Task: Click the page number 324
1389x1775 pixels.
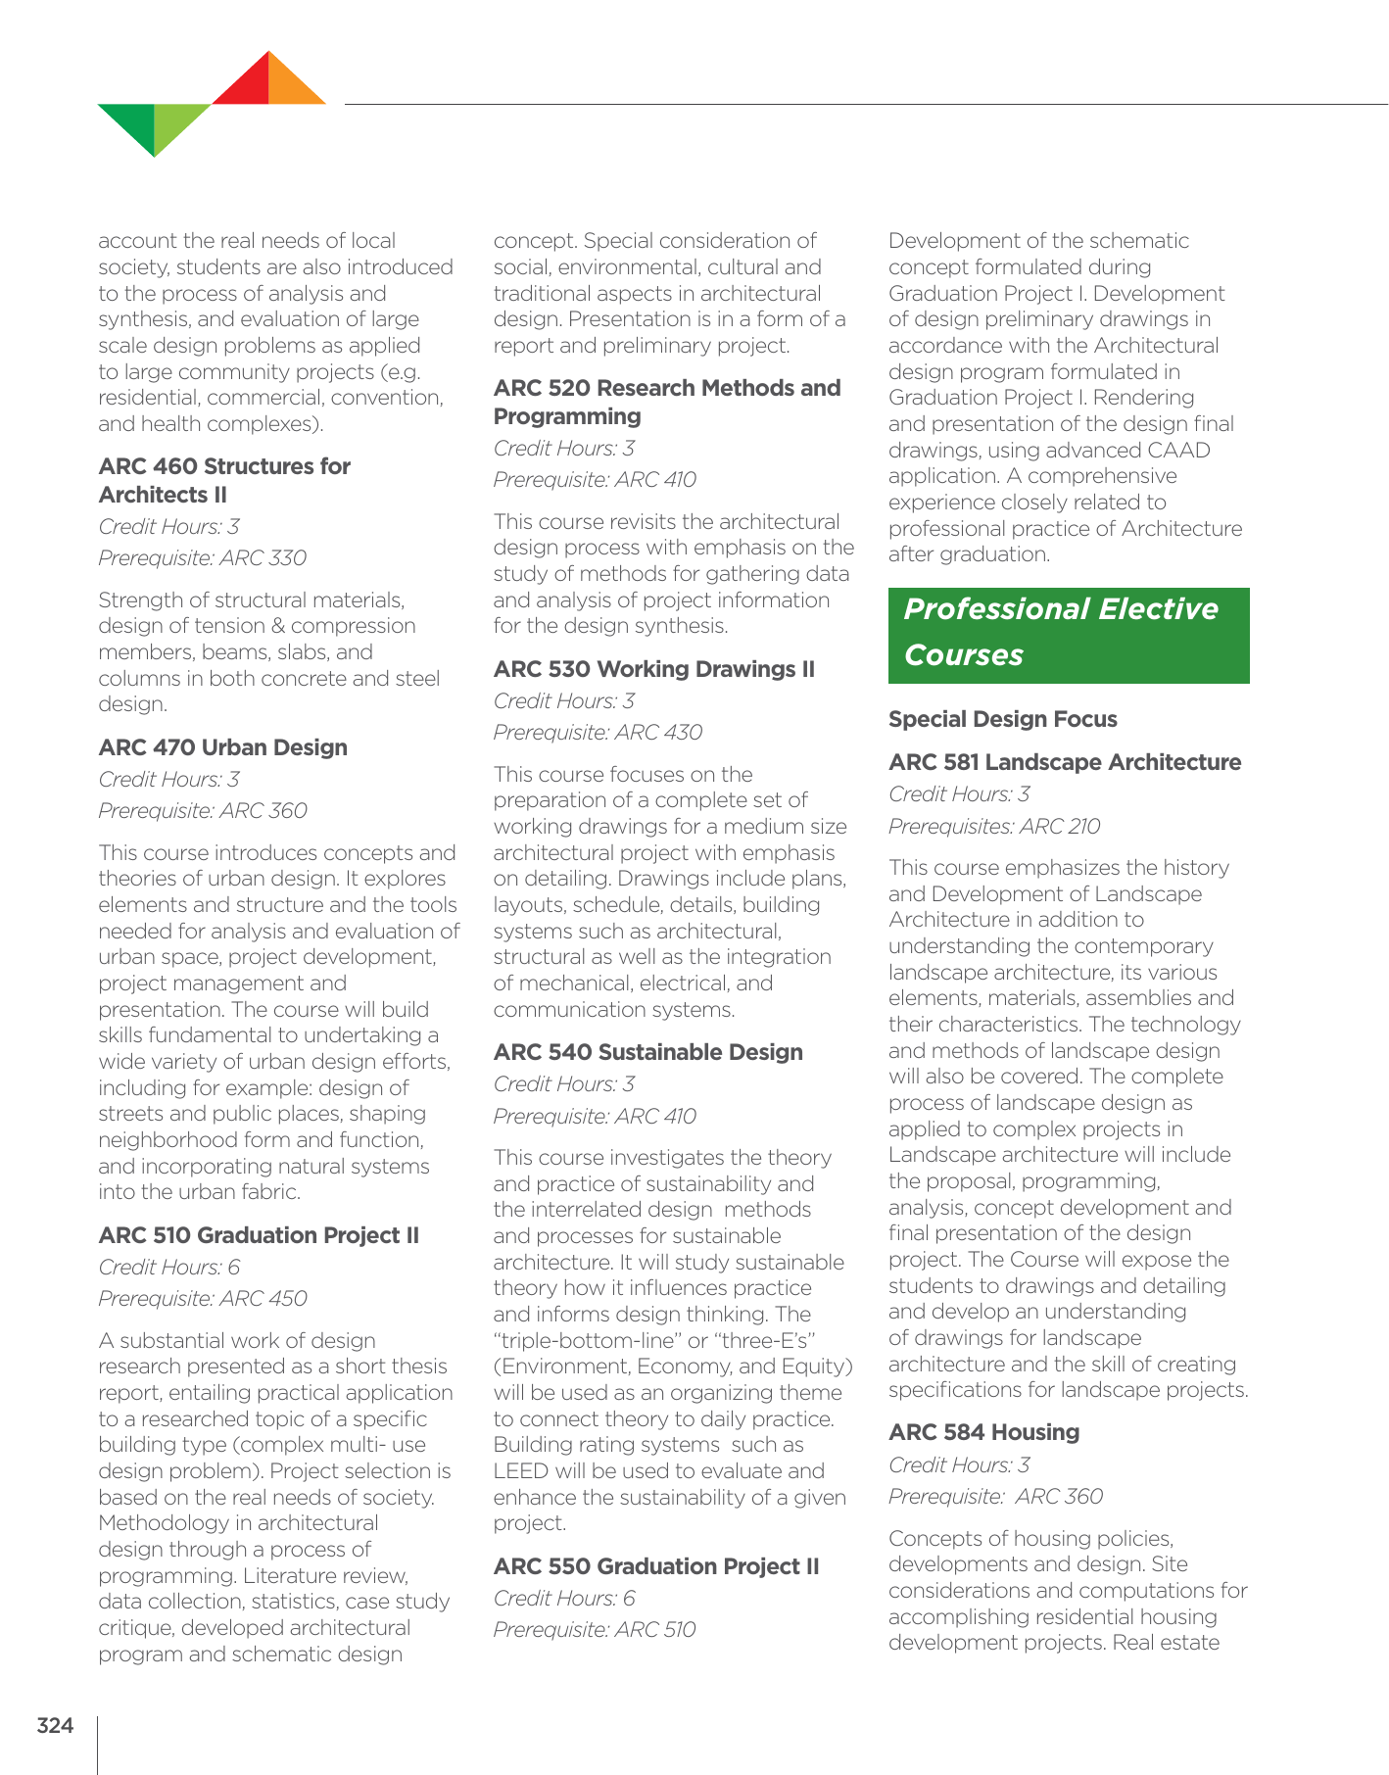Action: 55,1726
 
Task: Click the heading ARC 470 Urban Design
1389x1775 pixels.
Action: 222,747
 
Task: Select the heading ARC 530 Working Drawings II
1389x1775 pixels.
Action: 653,669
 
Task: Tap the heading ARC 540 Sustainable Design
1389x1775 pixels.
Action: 647,1052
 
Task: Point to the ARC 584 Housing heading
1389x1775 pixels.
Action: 983,1432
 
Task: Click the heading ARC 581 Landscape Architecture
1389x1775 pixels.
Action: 1064,762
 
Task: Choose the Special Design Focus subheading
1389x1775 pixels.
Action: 1002,719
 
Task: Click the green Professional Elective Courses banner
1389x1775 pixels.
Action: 1068,634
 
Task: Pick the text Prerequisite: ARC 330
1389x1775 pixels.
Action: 202,558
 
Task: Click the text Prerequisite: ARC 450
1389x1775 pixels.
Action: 202,1299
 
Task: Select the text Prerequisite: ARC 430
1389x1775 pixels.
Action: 598,733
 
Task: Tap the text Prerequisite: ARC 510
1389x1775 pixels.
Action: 595,1630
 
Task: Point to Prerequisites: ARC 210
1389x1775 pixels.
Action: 993,827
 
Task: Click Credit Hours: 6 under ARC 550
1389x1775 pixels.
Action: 563,1599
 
